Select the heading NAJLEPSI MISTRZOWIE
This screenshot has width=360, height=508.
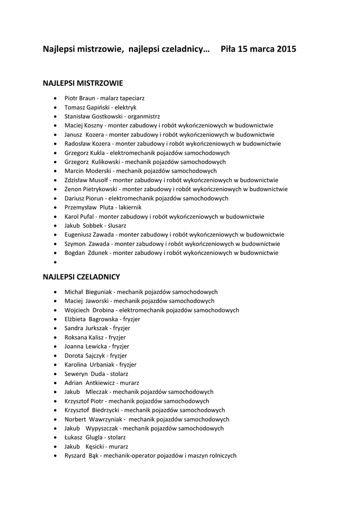pos(83,83)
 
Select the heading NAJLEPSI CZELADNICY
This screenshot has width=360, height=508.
pos(81,277)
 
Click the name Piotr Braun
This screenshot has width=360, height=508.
pos(79,98)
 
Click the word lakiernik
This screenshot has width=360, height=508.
pos(130,207)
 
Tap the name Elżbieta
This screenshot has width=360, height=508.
pos(75,319)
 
